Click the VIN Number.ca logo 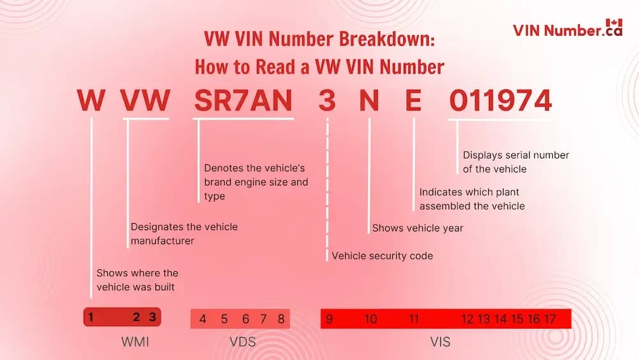pyautogui.click(x=567, y=29)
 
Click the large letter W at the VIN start pyautogui.click(x=91, y=102)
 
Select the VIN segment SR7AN pyautogui.click(x=243, y=102)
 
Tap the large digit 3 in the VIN pyautogui.click(x=327, y=102)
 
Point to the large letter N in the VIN pyautogui.click(x=369, y=102)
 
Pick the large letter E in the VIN pyautogui.click(x=413, y=102)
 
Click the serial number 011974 pyautogui.click(x=500, y=102)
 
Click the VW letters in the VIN pyautogui.click(x=146, y=102)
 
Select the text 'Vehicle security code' pyautogui.click(x=382, y=256)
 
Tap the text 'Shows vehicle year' pyautogui.click(x=417, y=228)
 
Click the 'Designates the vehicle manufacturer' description pyautogui.click(x=184, y=233)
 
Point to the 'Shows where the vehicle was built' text pyautogui.click(x=137, y=280)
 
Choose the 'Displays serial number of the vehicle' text pyautogui.click(x=516, y=162)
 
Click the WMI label pyautogui.click(x=135, y=342)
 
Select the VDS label pyautogui.click(x=242, y=342)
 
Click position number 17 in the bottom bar pyautogui.click(x=550, y=319)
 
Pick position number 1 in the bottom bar pyautogui.click(x=91, y=317)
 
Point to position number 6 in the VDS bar pyautogui.click(x=245, y=319)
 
